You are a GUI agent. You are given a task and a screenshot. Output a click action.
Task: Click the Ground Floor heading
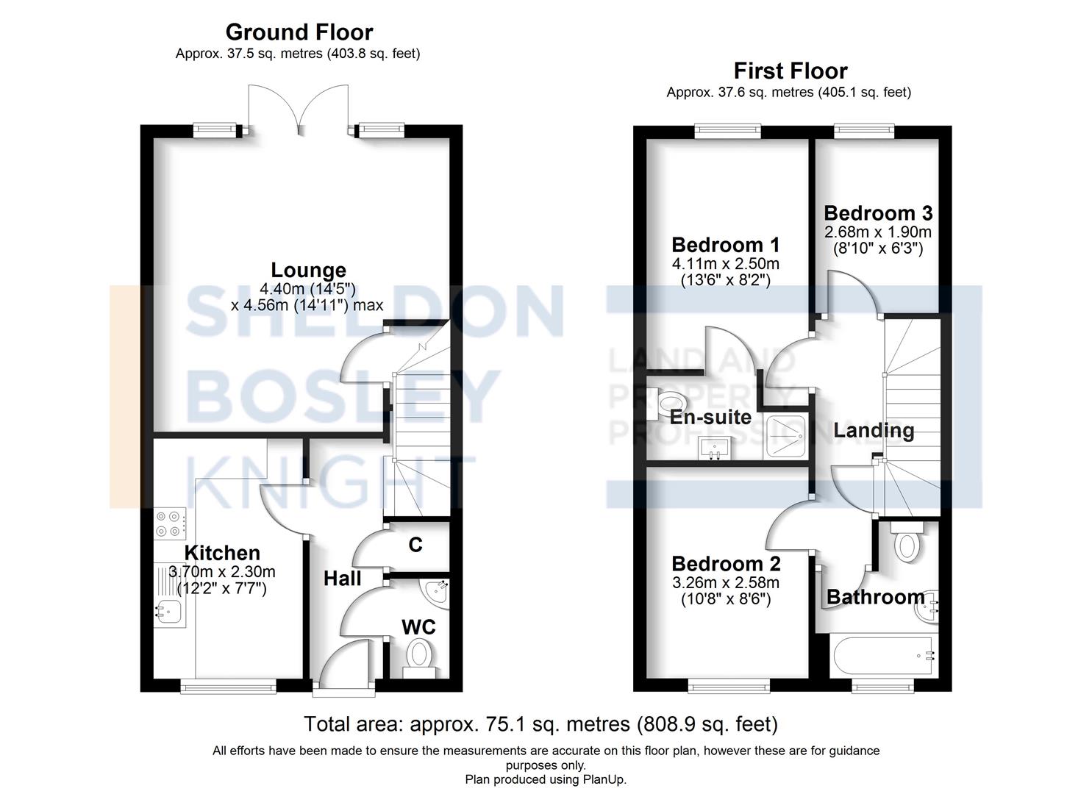[x=299, y=32]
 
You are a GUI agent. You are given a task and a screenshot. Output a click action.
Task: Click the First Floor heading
[x=790, y=71]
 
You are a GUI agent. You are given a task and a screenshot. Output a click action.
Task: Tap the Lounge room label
[x=308, y=271]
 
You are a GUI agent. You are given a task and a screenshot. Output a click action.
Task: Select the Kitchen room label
[x=221, y=553]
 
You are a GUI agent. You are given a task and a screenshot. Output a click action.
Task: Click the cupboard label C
[x=415, y=545]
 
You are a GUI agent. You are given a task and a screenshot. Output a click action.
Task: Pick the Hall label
[x=342, y=579]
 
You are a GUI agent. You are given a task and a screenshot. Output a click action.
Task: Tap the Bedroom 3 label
[x=877, y=213]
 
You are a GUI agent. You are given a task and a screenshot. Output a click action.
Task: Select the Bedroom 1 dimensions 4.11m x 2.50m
[x=725, y=263]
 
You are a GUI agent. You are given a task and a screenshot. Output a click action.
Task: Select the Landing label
[x=873, y=431]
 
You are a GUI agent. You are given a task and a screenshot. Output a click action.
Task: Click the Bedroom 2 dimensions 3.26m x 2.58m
[x=725, y=582]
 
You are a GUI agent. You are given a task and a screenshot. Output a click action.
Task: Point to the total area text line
[x=540, y=724]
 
